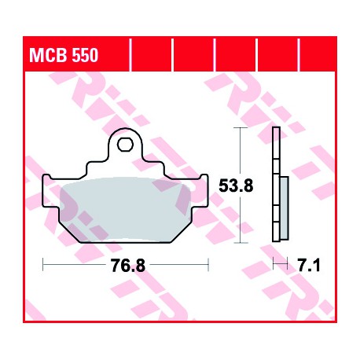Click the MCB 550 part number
coord(64,55)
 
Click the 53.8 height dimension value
coord(236,186)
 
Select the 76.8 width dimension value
coord(127,265)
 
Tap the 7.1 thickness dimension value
coord(309,266)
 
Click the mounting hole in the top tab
coord(125,145)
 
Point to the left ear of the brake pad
coord(50,191)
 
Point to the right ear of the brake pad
coord(200,191)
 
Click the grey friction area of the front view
coord(125,209)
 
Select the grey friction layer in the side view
coord(284,208)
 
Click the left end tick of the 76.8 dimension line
coord(43,264)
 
